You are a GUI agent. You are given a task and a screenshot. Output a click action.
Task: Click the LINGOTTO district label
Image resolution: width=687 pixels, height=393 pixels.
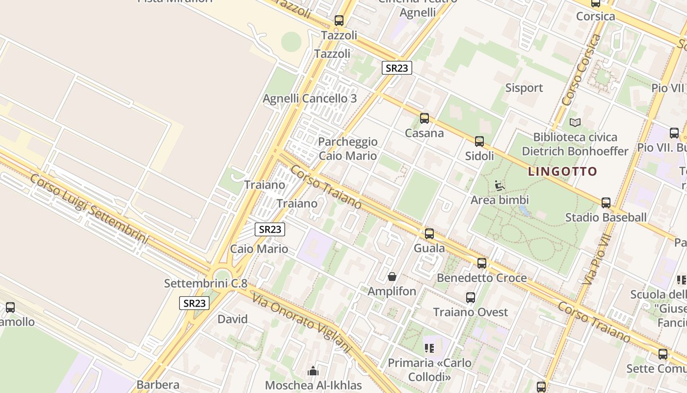pos(562,172)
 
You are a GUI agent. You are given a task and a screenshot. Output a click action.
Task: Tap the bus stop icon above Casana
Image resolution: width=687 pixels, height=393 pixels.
pos(424,118)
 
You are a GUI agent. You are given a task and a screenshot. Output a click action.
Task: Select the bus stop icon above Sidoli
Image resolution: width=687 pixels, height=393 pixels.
pos(479,141)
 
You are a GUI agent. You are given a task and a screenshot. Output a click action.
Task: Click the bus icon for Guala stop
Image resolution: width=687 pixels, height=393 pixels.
pos(429,234)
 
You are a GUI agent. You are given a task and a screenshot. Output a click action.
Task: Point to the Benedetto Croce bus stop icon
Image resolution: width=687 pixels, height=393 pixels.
pos(482,263)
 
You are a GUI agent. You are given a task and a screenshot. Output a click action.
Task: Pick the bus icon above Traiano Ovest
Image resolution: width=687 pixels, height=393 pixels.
pos(471,297)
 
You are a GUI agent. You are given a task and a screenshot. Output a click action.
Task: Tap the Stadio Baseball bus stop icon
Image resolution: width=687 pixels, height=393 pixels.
pos(606,202)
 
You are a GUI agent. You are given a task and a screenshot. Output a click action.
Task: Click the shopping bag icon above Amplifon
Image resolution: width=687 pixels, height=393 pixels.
pos(392,277)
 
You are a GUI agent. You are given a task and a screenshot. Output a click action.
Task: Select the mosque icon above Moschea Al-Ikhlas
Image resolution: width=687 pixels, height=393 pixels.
pos(313,371)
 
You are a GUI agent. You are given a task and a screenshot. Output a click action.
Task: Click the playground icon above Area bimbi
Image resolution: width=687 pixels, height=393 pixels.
pos(500,186)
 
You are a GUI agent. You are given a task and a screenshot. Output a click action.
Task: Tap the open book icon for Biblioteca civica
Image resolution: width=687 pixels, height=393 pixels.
pos(575,122)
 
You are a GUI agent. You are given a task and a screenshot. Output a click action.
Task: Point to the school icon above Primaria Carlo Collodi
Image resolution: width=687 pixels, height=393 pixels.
pos(429,348)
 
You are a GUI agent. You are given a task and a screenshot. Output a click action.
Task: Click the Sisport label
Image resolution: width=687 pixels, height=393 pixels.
pos(524,88)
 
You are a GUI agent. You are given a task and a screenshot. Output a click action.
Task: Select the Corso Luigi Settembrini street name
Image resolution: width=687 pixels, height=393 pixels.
pos(89,209)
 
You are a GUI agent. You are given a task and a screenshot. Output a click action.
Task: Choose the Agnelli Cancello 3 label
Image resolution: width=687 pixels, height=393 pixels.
pos(310,98)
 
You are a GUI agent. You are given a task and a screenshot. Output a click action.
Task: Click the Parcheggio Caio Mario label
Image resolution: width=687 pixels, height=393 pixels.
pos(348,149)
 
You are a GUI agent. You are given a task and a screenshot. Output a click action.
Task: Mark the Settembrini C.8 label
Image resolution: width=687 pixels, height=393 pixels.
pos(206,283)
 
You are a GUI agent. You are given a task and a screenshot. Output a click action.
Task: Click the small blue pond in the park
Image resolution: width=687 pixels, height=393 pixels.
pos(524,211)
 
